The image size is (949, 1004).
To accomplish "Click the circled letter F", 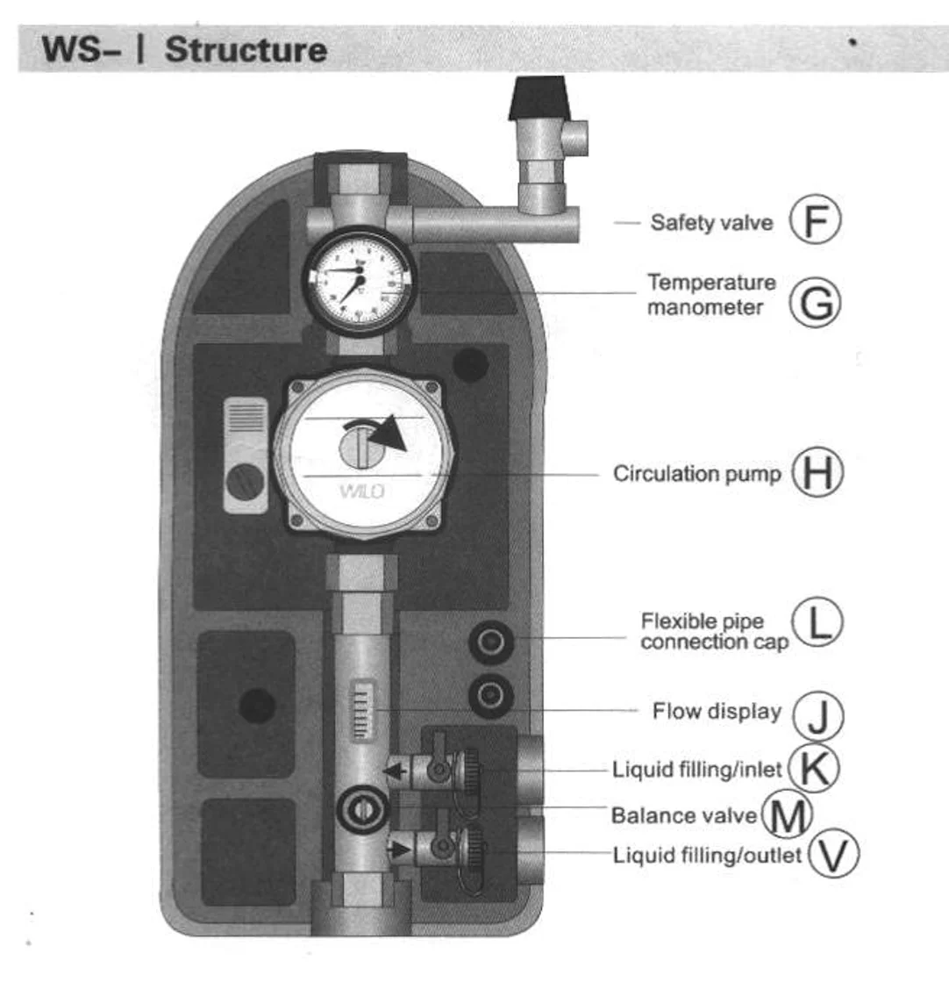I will click(815, 220).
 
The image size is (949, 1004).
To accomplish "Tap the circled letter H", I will click(817, 472).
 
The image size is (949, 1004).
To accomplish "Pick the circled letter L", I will click(817, 622).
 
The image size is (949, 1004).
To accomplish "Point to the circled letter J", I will click(817, 714).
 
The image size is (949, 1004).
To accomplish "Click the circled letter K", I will click(813, 768).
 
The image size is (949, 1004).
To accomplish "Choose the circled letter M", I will click(786, 814).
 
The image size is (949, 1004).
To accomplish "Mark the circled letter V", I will click(832, 854).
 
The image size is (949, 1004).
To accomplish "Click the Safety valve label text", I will click(711, 222).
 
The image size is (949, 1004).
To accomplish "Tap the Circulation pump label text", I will click(696, 474).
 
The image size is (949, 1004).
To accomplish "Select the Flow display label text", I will click(716, 711).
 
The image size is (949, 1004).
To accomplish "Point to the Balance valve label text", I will click(683, 815).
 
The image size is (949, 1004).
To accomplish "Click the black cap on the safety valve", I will click(539, 97).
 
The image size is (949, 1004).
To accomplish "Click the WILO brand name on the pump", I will click(361, 491).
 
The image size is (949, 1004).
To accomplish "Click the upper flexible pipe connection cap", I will click(490, 642).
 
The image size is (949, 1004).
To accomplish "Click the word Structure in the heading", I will click(246, 49).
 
